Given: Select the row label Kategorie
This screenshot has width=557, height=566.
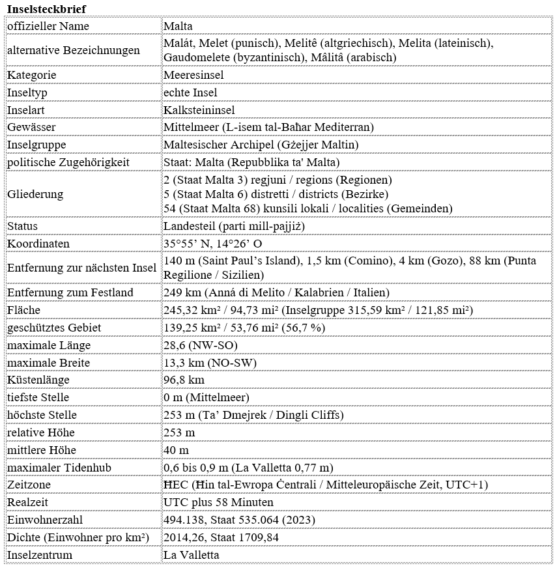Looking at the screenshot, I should pos(32,75).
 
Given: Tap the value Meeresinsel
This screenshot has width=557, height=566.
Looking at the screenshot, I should pos(191,75).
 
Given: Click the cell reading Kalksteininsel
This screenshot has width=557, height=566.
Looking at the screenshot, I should pos(199,110).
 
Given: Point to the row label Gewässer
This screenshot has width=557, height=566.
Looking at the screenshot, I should pos(31,127).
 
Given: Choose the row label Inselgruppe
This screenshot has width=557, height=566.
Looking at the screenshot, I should pos(36,145).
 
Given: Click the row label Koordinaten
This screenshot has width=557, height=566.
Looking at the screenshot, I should pos(38,244).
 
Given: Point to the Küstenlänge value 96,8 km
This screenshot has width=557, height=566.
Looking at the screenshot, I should pos(184,380).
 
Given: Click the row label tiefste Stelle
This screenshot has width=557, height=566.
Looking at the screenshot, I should pos(38,397).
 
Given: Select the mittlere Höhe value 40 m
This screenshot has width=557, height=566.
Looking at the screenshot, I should pos(177,450).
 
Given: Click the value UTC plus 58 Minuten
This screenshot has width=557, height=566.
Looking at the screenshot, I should pos(219,502).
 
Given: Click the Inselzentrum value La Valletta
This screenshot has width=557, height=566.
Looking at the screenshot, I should pos(192,555).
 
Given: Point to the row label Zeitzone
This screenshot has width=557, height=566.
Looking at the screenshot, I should pos(29,485).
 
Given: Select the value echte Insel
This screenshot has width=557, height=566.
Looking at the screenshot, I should pos(191,92).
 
